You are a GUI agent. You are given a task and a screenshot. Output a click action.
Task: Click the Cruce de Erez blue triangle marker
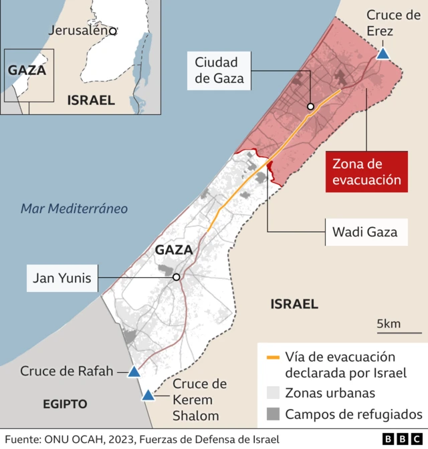tap(383, 54)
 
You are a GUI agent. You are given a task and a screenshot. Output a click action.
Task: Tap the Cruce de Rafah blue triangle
tap(134, 372)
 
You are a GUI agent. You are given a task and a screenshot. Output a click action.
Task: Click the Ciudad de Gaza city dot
tap(310, 106)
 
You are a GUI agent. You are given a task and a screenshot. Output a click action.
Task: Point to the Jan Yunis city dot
tap(176, 277)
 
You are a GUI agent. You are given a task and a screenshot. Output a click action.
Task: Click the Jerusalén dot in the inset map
tap(114, 31)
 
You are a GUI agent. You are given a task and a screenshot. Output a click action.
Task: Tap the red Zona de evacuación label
tap(366, 172)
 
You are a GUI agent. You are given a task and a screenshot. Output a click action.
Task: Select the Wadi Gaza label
tap(364, 233)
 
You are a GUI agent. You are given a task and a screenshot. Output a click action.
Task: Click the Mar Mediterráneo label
tap(74, 208)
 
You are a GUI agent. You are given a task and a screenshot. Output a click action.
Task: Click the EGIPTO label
tap(65, 404)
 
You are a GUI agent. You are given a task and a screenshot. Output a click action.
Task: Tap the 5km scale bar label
tap(389, 324)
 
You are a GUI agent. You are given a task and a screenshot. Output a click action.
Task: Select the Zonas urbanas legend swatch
tap(272, 393)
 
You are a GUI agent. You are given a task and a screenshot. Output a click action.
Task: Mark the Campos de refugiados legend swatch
tap(272, 414)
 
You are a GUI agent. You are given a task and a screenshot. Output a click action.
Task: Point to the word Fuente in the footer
tap(23, 439)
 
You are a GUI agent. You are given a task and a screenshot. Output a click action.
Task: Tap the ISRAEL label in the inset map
tap(91, 100)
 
